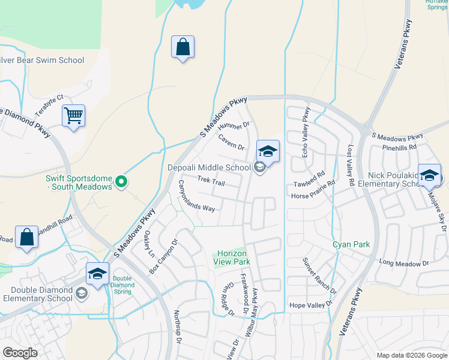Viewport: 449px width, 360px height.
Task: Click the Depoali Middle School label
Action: tap(208, 167)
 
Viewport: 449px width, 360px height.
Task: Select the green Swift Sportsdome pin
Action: tap(121, 181)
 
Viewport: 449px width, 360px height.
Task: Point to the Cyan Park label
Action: tap(351, 245)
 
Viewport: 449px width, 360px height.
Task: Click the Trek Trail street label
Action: tap(211, 181)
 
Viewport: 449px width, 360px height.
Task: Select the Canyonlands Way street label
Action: tap(196, 197)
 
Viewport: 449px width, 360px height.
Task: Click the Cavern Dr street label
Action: tap(231, 143)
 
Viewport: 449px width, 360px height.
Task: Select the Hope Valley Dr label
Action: tap(310, 305)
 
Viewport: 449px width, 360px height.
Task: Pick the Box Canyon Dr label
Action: tap(164, 257)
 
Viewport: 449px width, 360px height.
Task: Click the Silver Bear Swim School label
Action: tap(42, 60)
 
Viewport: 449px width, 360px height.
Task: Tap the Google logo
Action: tap(20, 352)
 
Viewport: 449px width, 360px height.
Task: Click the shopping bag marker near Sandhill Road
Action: tap(27, 237)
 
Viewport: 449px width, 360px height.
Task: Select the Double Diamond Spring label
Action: tap(122, 282)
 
